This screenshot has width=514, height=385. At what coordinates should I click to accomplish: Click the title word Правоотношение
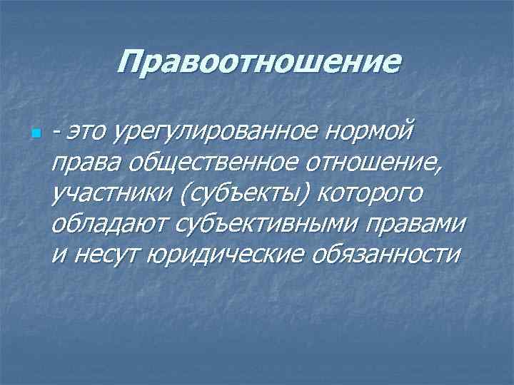click(x=259, y=63)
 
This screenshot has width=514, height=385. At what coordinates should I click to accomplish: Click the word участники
click(x=106, y=195)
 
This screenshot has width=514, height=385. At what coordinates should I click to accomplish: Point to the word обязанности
click(x=385, y=255)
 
